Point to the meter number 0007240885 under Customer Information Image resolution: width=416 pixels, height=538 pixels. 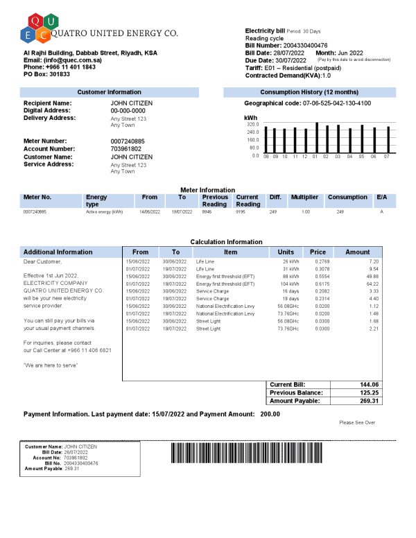[128, 141]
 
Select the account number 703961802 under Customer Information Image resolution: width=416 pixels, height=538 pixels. [125, 149]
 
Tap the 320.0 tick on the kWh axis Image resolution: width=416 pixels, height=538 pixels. [252, 124]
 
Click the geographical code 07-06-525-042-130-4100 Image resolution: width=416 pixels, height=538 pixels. [336, 103]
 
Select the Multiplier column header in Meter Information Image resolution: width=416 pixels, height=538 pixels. [304, 198]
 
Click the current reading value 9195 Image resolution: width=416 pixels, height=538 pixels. [241, 211]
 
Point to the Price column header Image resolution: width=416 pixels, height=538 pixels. [318, 252]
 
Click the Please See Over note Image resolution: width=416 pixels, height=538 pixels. [357, 422]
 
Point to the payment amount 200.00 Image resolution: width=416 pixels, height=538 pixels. [270, 414]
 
